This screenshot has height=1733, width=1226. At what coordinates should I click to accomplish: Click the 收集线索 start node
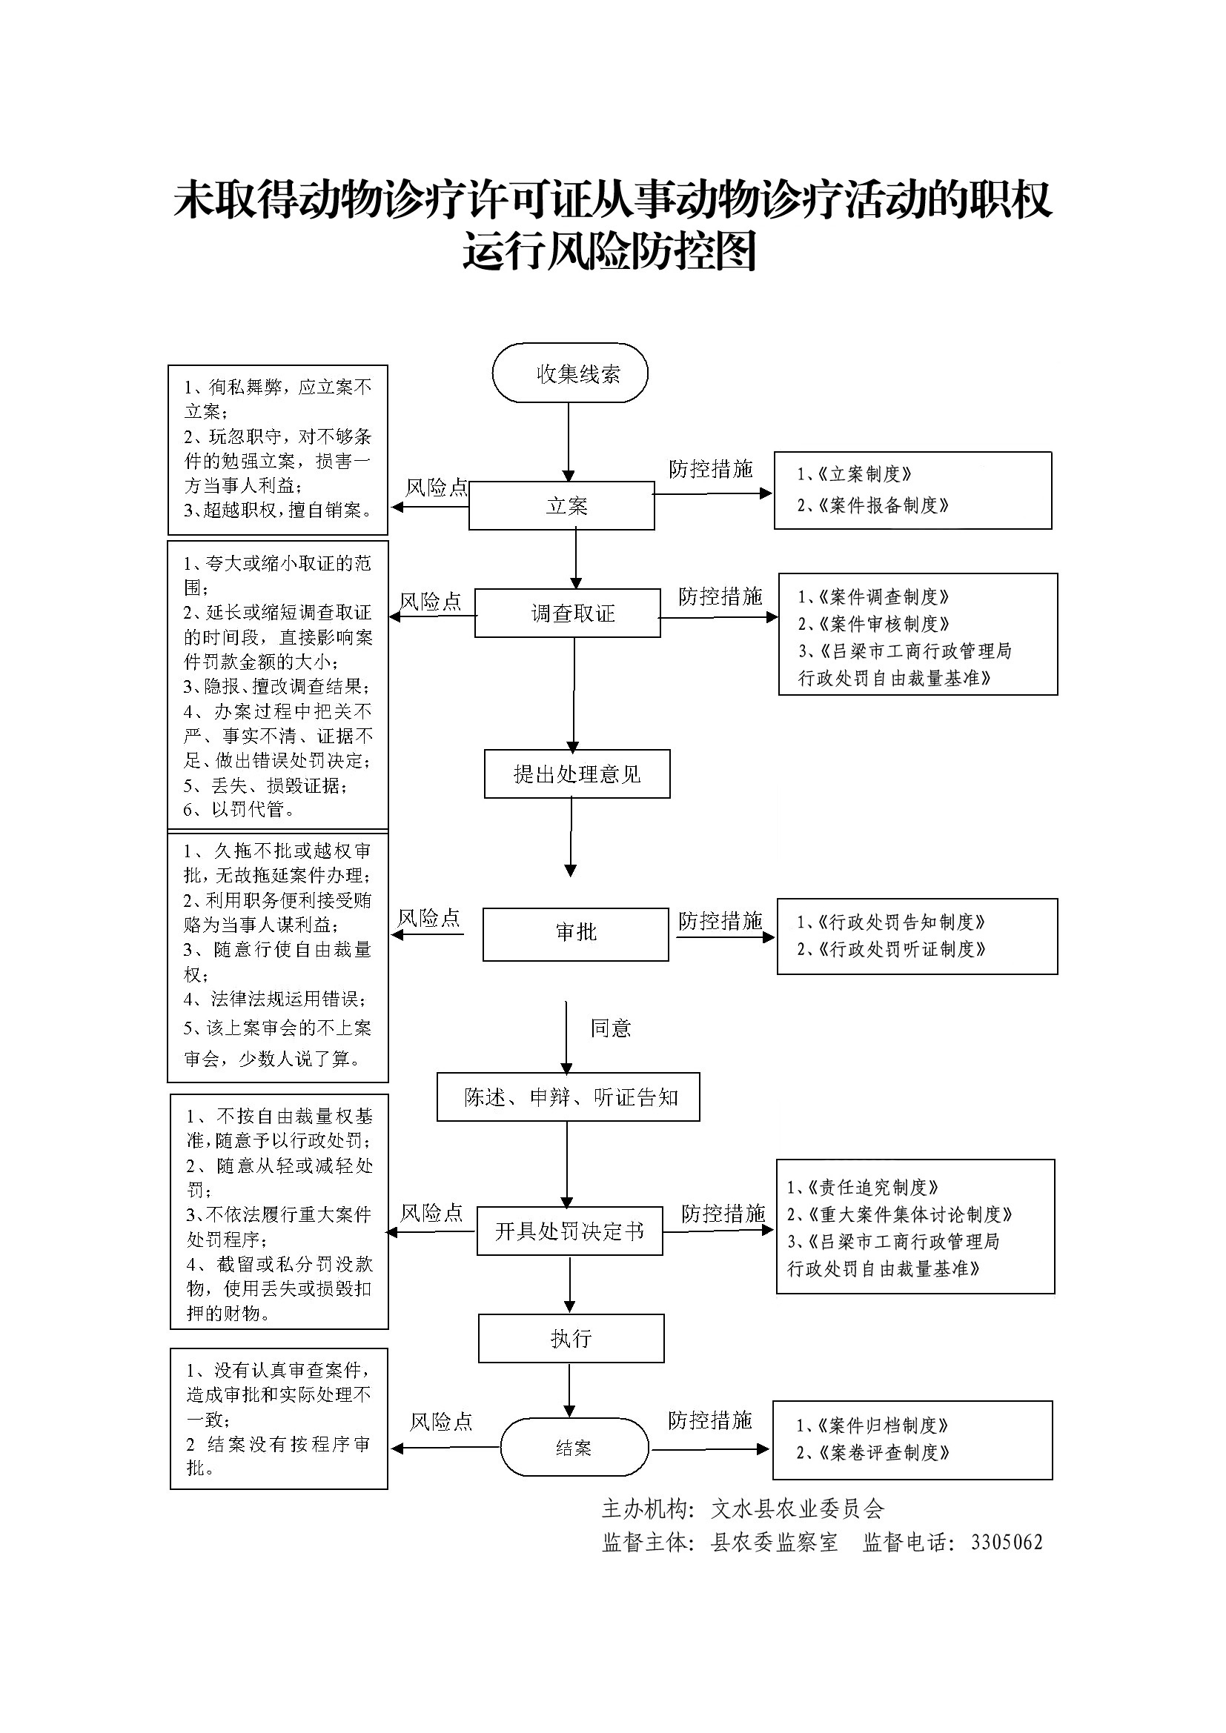[570, 373]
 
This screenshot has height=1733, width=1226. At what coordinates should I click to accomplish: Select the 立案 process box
[561, 506]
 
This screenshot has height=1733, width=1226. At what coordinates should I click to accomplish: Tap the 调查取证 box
[568, 613]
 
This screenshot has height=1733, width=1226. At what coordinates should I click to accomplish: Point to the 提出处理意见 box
[577, 774]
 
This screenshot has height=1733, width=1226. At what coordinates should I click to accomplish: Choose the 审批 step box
[575, 934]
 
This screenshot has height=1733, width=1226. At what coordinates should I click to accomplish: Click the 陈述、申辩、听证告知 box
[569, 1097]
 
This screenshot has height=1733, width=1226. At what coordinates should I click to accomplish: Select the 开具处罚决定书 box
[569, 1231]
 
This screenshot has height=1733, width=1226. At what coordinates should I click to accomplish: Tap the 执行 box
[571, 1338]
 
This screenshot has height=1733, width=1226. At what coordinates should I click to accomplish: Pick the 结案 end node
[574, 1448]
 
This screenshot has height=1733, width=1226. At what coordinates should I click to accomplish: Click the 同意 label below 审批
[610, 1028]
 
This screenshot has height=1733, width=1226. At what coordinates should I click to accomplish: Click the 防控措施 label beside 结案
[709, 1420]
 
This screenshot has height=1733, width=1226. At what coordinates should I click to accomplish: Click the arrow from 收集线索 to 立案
[569, 442]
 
